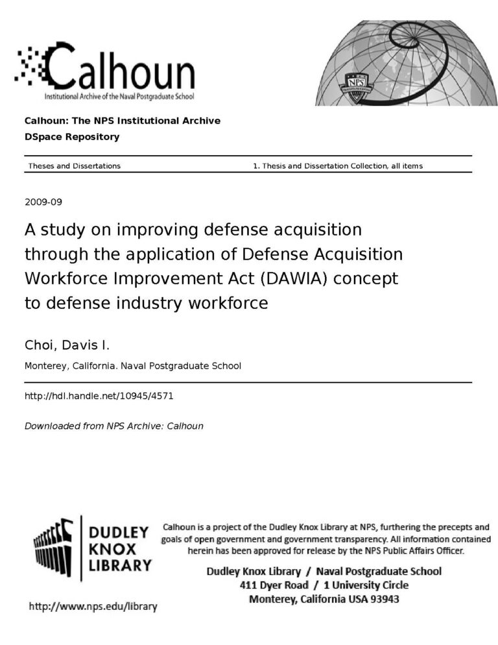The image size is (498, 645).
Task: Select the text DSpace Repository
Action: [x=71, y=137]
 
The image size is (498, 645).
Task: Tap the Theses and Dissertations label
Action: [x=74, y=166]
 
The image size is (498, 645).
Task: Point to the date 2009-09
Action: [x=43, y=202]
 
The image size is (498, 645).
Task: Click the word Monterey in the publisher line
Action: [x=45, y=366]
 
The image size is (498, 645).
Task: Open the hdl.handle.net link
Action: [x=99, y=395]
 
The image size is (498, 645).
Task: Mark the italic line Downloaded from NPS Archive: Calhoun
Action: [x=113, y=426]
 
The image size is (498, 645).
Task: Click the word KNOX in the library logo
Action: [x=115, y=549]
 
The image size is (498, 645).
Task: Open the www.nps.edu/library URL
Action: [x=93, y=607]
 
